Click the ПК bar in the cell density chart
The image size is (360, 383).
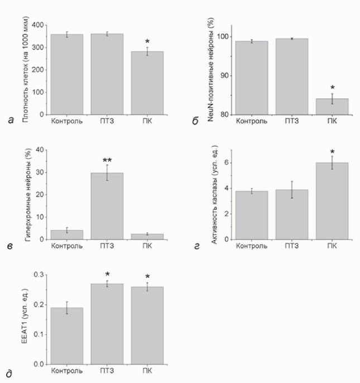point(147,83)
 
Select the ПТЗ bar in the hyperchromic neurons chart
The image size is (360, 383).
point(107,206)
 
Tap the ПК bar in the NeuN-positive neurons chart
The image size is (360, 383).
point(332,107)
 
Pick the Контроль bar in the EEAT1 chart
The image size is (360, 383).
point(67,336)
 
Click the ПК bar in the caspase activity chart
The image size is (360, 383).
point(332,201)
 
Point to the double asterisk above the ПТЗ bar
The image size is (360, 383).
point(107,160)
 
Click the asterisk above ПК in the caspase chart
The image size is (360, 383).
point(332,152)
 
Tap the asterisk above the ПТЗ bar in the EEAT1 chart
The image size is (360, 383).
point(107,274)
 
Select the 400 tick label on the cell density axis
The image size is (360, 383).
point(37,25)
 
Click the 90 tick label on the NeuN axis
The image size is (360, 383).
point(225,75)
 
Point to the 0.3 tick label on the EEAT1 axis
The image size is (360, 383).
point(39,275)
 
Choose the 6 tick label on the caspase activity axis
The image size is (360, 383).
point(227,162)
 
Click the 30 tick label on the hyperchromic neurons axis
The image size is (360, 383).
point(40,173)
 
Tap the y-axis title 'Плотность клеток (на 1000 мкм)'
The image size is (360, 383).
point(25,69)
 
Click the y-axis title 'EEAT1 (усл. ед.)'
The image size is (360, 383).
point(25,316)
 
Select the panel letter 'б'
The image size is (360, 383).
point(195,121)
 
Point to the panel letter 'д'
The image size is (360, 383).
point(9,374)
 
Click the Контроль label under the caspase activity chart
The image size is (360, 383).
point(252,246)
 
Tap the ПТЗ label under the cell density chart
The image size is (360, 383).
point(107,121)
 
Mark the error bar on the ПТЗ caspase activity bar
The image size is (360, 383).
point(292,190)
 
